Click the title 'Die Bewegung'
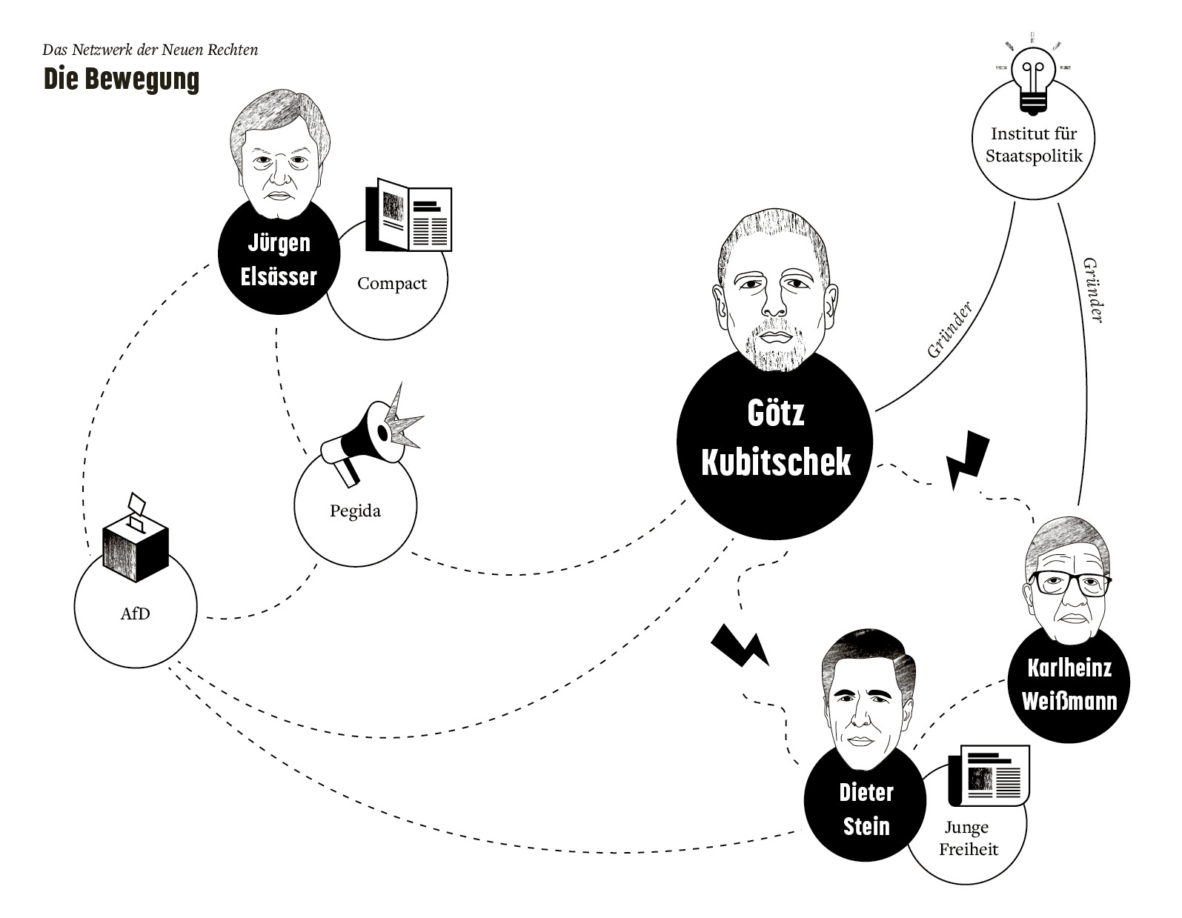tap(121, 79)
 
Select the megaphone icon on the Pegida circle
tap(367, 434)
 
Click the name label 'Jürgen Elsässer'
tap(279, 260)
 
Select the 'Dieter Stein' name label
tap(866, 809)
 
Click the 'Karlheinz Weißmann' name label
tap(1069, 685)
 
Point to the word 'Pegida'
tap(355, 510)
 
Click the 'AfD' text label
tap(135, 613)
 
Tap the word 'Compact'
tap(392, 283)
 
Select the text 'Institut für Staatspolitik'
tap(1033, 144)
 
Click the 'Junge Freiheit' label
tap(968, 838)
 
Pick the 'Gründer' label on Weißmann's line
tap(1092, 290)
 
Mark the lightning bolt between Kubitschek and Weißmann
tap(967, 459)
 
